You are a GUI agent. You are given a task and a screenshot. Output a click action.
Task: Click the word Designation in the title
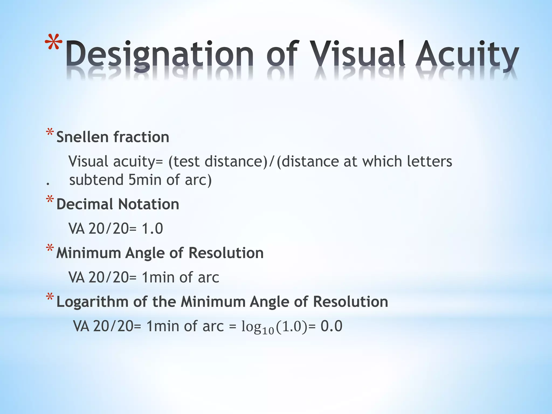pos(159,54)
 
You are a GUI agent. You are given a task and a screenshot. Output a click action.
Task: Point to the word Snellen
pos(82,137)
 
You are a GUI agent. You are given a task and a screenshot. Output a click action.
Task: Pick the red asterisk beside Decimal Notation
pos(50,200)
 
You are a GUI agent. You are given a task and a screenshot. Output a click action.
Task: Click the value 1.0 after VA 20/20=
pos(152,229)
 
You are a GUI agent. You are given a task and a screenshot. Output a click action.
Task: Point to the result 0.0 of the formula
pos(331,326)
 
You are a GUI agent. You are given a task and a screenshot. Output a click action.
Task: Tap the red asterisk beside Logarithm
pos(50,297)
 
